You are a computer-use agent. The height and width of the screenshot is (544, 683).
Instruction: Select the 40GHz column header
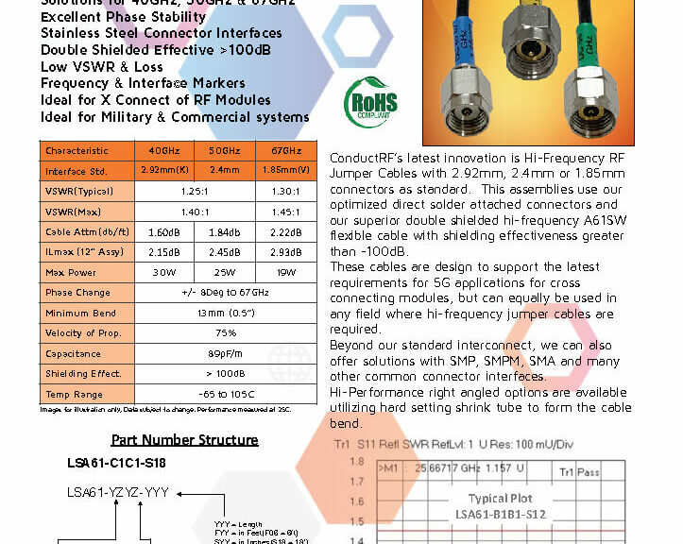(x=164, y=151)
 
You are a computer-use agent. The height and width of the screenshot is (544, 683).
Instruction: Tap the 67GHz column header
(x=286, y=151)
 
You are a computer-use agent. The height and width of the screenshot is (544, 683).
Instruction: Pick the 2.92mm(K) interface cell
(x=164, y=172)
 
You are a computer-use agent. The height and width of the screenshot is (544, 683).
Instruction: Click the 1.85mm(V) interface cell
(x=286, y=172)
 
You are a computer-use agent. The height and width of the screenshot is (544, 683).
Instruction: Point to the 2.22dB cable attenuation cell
(x=286, y=232)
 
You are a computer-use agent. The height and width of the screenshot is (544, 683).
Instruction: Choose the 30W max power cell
(x=164, y=273)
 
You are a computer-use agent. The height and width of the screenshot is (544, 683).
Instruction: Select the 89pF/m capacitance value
(x=226, y=354)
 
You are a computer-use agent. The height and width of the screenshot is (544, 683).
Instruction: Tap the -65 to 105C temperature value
(x=226, y=395)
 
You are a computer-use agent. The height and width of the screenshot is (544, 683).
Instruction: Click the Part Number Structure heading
(x=184, y=440)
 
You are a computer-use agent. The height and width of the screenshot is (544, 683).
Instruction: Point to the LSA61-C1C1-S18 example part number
(x=118, y=463)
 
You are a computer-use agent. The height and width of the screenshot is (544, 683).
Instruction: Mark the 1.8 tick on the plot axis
(x=356, y=462)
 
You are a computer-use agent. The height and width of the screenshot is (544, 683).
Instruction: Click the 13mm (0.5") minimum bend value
(x=226, y=314)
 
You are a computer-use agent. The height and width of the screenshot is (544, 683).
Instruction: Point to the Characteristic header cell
(x=77, y=151)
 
